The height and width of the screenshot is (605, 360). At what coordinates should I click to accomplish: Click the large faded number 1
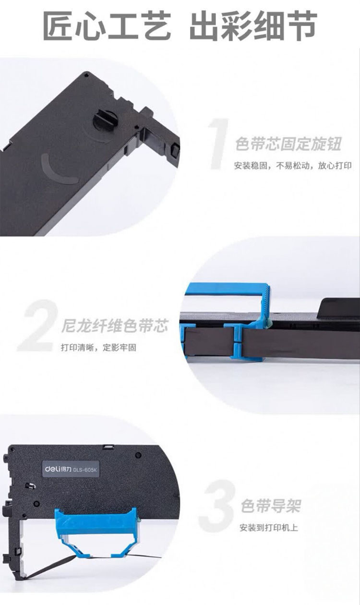pyautogui.click(x=219, y=144)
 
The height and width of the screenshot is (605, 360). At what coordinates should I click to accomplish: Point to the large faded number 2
pyautogui.click(x=38, y=326)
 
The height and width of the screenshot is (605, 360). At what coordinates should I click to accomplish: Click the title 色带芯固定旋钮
pyautogui.click(x=288, y=144)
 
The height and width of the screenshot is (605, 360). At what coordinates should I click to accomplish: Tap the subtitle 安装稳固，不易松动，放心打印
pyautogui.click(x=293, y=166)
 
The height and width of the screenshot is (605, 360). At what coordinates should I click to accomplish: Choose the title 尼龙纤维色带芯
pyautogui.click(x=115, y=326)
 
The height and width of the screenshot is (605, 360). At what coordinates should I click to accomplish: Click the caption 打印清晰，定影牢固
pyautogui.click(x=98, y=347)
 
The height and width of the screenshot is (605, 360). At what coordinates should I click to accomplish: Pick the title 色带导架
pyautogui.click(x=271, y=506)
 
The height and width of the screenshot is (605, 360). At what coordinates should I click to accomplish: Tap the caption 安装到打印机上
pyautogui.click(x=269, y=528)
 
